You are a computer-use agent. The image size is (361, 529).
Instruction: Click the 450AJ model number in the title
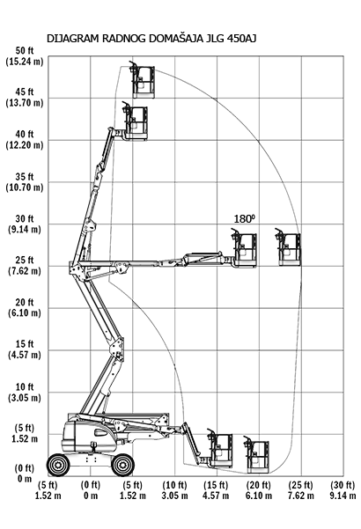pyautogui.click(x=242, y=39)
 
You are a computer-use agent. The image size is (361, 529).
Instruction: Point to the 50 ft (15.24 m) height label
pyautogui.click(x=25, y=56)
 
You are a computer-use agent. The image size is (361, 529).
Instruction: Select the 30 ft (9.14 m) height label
pyautogui.click(x=25, y=224)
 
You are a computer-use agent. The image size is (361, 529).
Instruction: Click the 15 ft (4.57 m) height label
pyautogui.click(x=25, y=349)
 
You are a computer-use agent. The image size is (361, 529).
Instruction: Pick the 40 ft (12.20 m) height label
pyautogui.click(x=25, y=140)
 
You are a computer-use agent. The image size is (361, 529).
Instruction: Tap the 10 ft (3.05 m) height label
pyautogui.click(x=25, y=392)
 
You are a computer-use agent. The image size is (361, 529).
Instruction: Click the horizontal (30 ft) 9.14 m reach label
pyautogui.click(x=343, y=490)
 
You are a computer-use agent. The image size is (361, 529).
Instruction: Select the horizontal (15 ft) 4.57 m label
pyautogui.click(x=216, y=490)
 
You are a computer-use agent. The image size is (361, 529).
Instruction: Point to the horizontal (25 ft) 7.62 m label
pyautogui.click(x=300, y=490)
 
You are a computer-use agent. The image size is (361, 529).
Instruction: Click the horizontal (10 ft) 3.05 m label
pyautogui.click(x=174, y=490)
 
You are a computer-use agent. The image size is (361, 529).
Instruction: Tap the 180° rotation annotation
pyautogui.click(x=244, y=219)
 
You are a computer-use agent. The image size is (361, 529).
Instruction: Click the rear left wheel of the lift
pyautogui.click(x=58, y=465)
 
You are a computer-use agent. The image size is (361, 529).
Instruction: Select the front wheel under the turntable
pyautogui.click(x=122, y=465)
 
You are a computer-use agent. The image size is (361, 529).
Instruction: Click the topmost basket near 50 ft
pyautogui.click(x=143, y=80)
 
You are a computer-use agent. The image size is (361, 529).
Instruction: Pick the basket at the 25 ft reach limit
pyautogui.click(x=289, y=247)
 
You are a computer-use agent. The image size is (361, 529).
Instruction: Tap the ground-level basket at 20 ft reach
pyautogui.click(x=257, y=454)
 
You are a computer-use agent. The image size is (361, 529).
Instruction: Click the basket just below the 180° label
pyautogui.click(x=245, y=247)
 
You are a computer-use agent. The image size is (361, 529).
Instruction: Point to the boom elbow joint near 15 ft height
pyautogui.click(x=117, y=349)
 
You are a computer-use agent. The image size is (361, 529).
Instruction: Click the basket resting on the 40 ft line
pyautogui.click(x=135, y=121)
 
